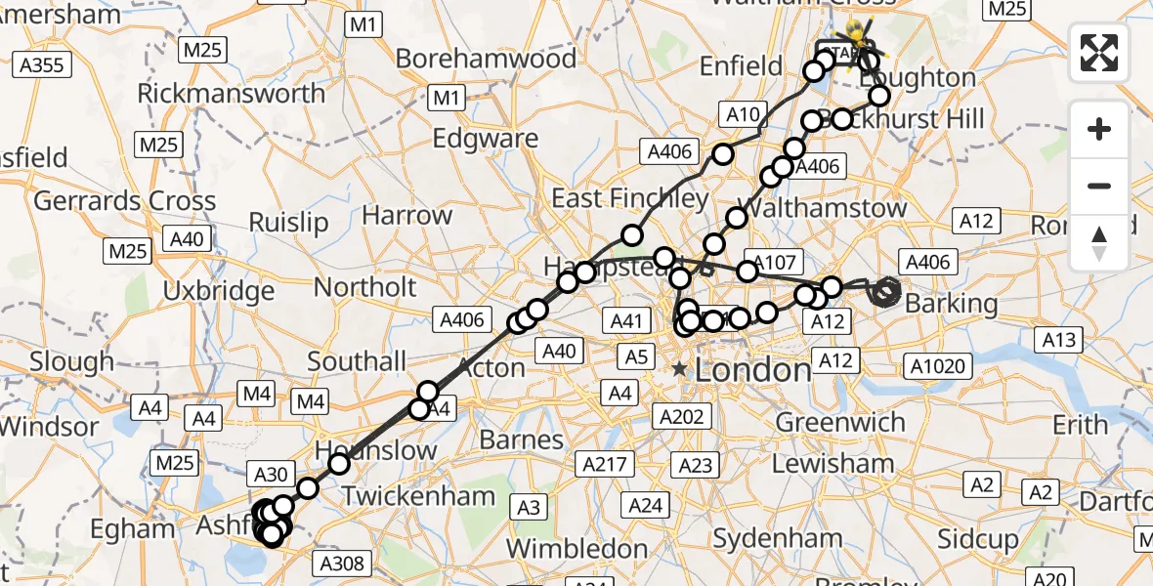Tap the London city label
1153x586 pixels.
coord(753,370)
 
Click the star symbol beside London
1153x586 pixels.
coord(679,369)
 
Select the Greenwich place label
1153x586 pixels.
coord(840,423)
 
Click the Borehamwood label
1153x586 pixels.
coord(486,59)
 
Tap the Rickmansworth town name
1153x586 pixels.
coord(232,94)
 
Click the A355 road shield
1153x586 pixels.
coord(41,65)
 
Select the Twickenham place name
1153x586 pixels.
coord(417,496)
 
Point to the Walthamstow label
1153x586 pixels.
coord(823,208)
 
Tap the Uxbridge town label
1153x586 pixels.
coord(219,291)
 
